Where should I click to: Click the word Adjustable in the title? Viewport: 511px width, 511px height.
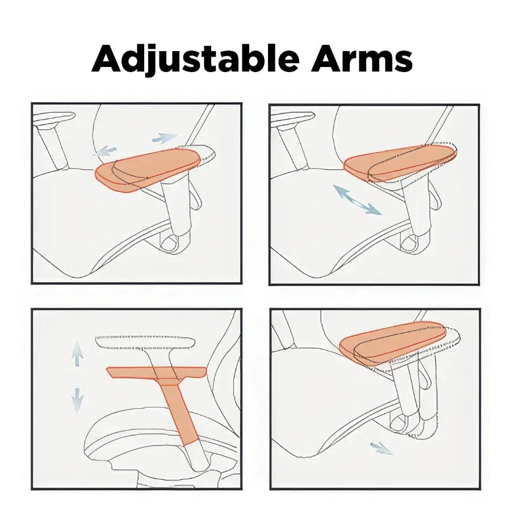[x=195, y=58]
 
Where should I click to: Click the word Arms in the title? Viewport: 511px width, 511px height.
[x=362, y=58]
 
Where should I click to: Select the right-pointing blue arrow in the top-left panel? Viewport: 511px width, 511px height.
[x=165, y=138]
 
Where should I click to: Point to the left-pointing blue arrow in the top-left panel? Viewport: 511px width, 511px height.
[x=105, y=152]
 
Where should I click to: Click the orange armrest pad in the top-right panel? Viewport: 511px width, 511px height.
[x=399, y=164]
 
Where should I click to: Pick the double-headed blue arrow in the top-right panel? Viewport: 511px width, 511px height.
[x=357, y=199]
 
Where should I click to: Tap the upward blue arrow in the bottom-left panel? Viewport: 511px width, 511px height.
[x=77, y=353]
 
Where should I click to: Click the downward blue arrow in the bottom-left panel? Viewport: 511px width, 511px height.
[x=77, y=400]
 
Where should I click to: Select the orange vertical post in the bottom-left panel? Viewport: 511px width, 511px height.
[x=179, y=412]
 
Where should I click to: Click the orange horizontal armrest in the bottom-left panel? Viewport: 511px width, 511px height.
[x=157, y=373]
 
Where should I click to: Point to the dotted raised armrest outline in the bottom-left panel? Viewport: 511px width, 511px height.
[x=145, y=342]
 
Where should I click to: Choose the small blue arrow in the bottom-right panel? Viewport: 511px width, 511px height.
[x=382, y=448]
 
